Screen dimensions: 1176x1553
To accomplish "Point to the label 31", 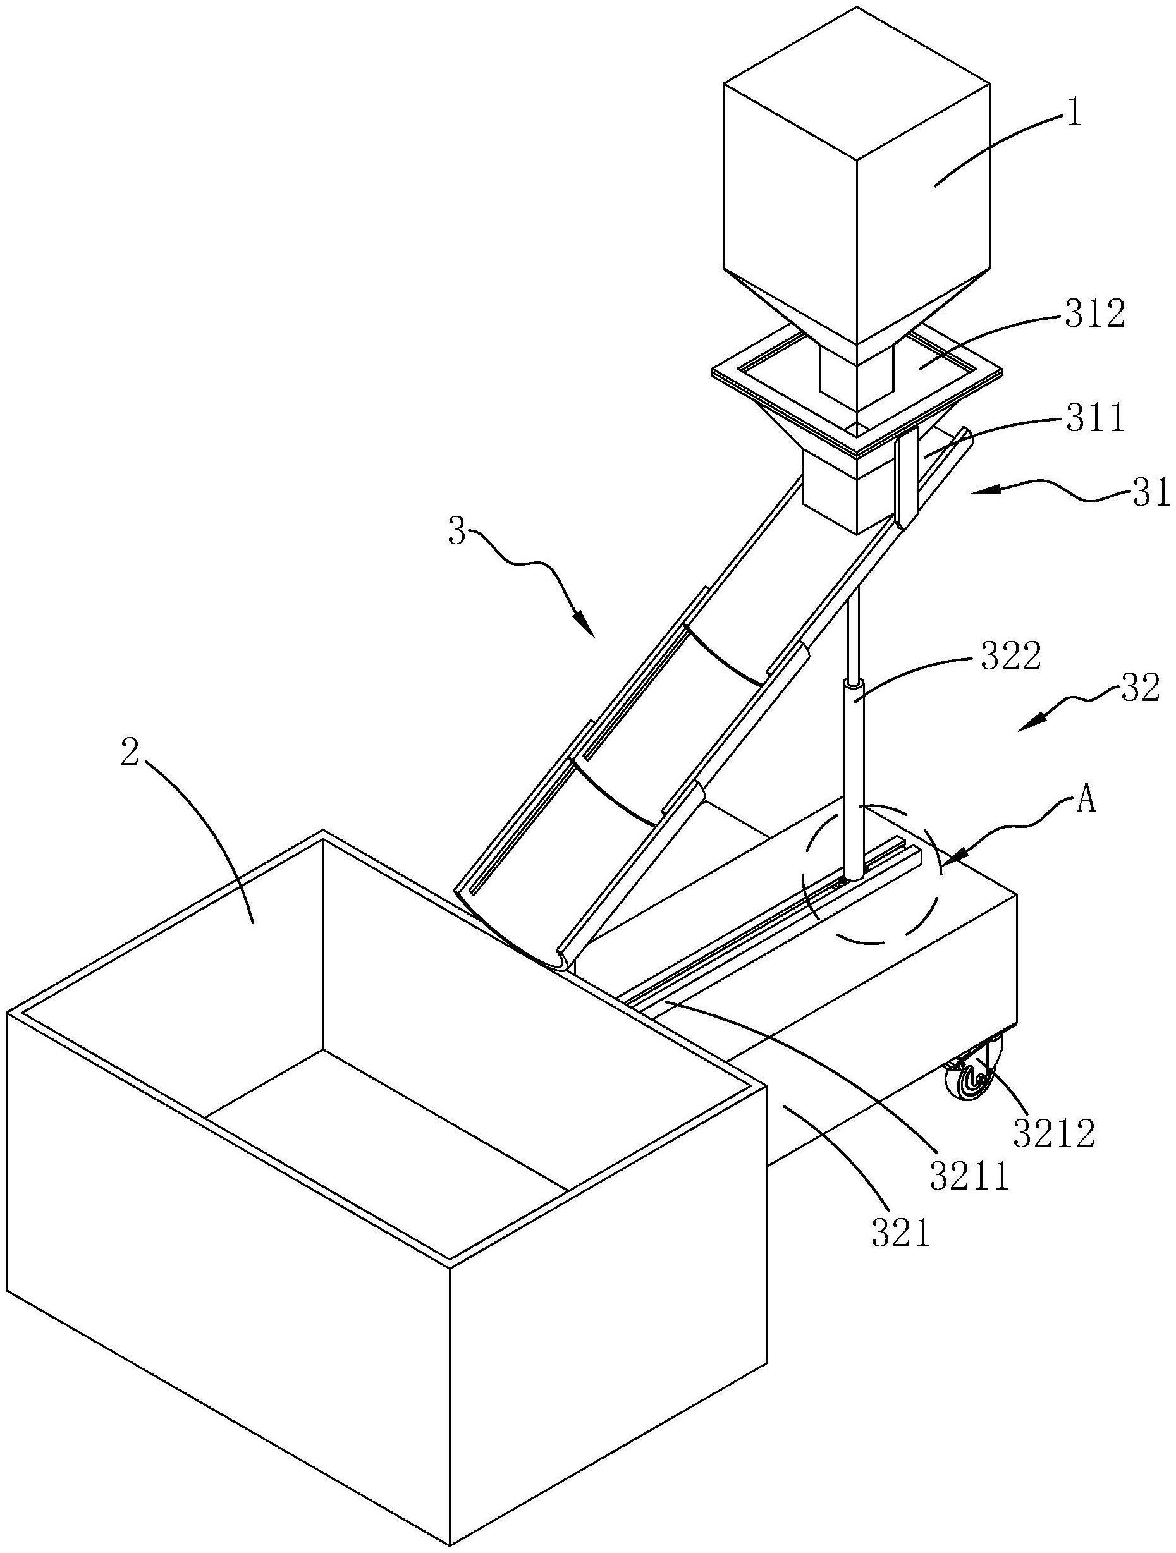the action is tap(1149, 492).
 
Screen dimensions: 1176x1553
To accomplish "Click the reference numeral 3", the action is tap(457, 532).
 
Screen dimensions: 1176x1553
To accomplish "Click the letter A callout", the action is tap(1086, 801).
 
